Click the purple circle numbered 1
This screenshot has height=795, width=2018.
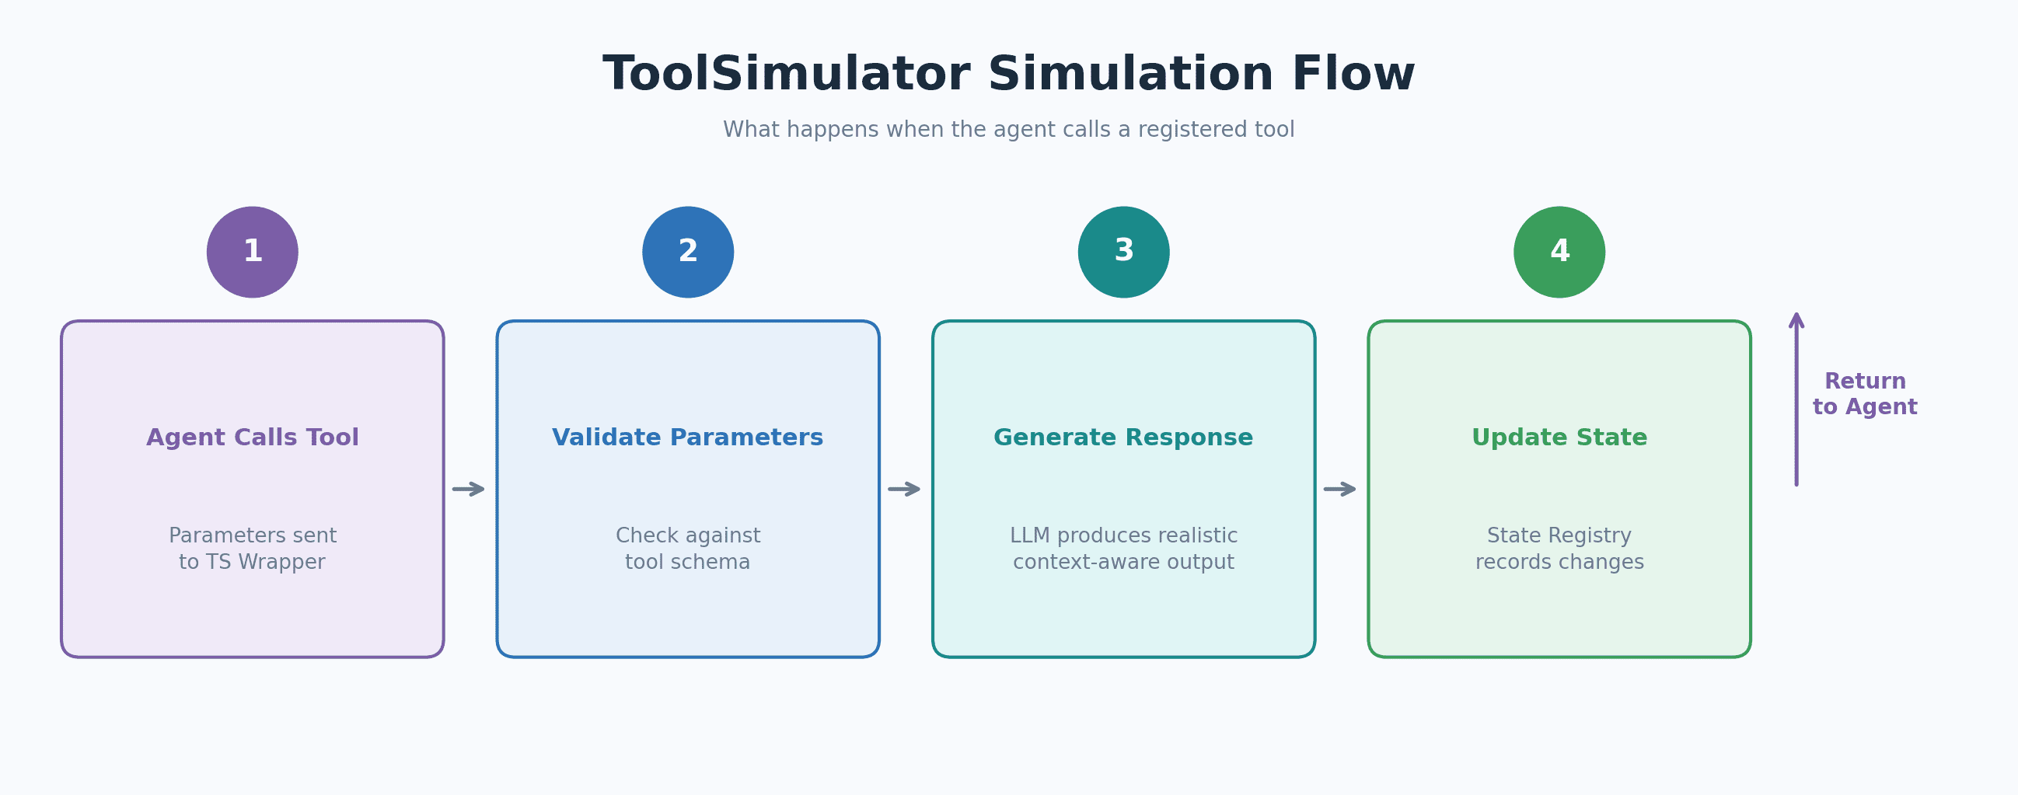pyautogui.click(x=252, y=253)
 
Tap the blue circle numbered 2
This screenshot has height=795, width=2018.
pyautogui.click(x=688, y=253)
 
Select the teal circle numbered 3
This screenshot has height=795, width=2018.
pyautogui.click(x=1123, y=253)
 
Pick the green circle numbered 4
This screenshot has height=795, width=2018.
pyautogui.click(x=1559, y=253)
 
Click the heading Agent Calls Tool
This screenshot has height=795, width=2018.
pyautogui.click(x=252, y=437)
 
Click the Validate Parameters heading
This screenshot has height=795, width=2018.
pyautogui.click(x=688, y=437)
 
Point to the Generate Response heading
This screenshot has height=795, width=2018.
pyautogui.click(x=1123, y=437)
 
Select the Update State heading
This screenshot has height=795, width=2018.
pyautogui.click(x=1559, y=437)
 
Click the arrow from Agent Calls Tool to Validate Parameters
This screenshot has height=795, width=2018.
pyautogui.click(x=469, y=489)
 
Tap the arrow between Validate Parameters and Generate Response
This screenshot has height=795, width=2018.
pyautogui.click(x=904, y=489)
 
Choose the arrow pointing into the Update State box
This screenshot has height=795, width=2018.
pyautogui.click(x=1339, y=489)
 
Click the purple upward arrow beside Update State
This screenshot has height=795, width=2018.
pyautogui.click(x=1796, y=399)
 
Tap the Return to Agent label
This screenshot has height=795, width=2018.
pyautogui.click(x=1864, y=394)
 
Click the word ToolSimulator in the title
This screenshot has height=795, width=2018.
pyautogui.click(x=786, y=75)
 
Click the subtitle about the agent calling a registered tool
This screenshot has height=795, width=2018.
pyautogui.click(x=1008, y=129)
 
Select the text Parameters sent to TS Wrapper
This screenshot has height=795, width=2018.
pyautogui.click(x=252, y=549)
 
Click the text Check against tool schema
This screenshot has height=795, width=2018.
pyautogui.click(x=688, y=549)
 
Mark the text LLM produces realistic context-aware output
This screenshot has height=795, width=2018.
pyautogui.click(x=1123, y=549)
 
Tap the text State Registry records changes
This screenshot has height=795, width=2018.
pyautogui.click(x=1559, y=549)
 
